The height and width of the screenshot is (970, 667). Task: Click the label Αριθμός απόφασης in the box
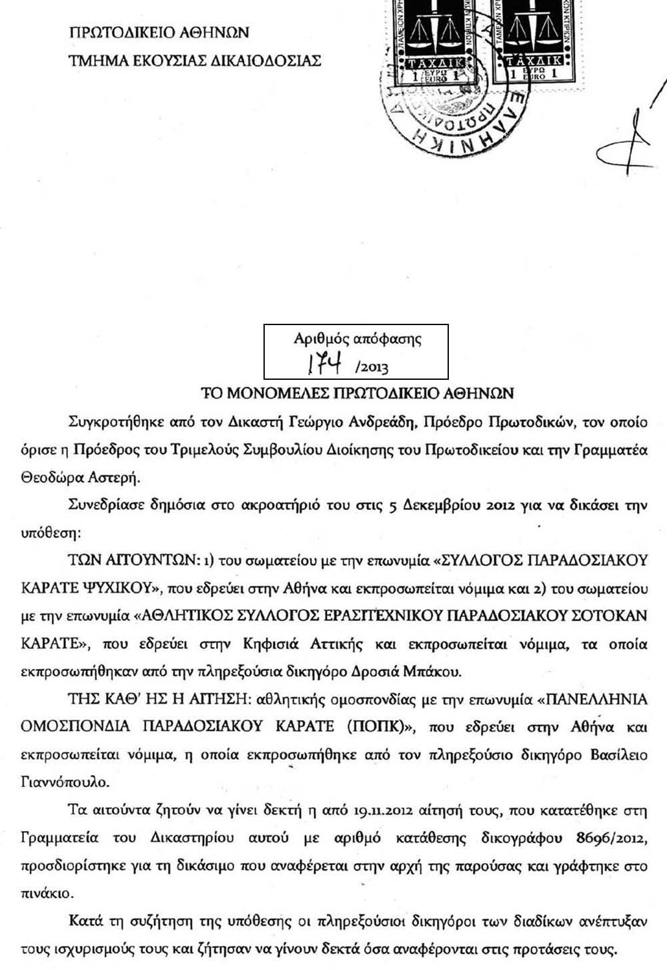click(358, 338)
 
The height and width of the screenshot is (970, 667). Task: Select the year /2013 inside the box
click(372, 367)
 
